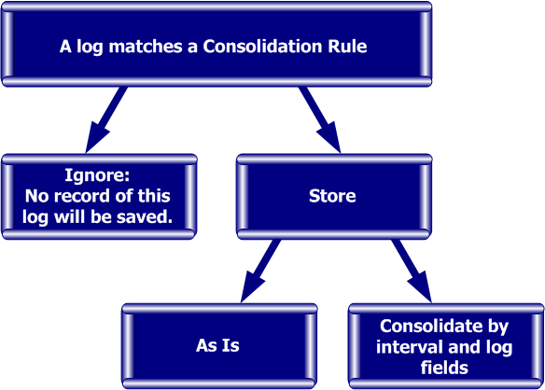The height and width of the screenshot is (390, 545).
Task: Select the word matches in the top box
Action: pyautogui.click(x=146, y=46)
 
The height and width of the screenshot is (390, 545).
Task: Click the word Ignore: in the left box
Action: pyautogui.click(x=97, y=174)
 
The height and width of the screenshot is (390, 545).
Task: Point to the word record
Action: pyautogui.click(x=82, y=196)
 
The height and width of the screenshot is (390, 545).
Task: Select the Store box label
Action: pyautogui.click(x=332, y=196)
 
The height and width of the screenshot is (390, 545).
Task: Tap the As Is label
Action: pyautogui.click(x=217, y=345)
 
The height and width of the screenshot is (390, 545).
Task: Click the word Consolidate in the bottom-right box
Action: pyautogui.click(x=429, y=326)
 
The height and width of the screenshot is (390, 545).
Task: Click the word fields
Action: pyautogui.click(x=444, y=368)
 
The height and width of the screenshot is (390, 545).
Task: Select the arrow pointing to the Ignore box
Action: pyautogui.click(x=105, y=119)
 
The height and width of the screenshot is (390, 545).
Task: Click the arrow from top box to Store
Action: pyautogui.click(x=320, y=119)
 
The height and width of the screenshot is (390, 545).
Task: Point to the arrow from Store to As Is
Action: pyautogui.click(x=260, y=271)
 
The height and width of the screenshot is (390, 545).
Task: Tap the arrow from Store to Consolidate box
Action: pyautogui.click(x=412, y=271)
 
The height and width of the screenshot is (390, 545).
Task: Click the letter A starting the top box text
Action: pyautogui.click(x=65, y=46)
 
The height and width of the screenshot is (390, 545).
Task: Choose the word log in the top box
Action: pyautogui.click(x=90, y=47)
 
